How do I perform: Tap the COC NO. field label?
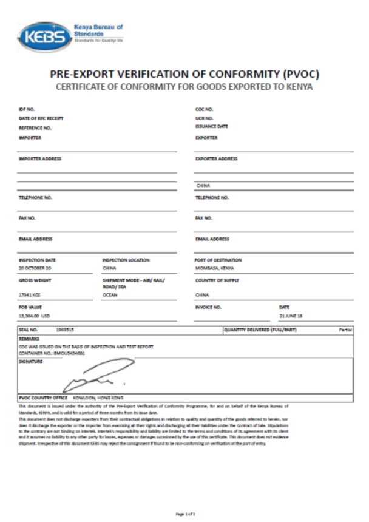coord(203,110)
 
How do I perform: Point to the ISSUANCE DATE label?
coord(211,126)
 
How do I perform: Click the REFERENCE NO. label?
coord(35,129)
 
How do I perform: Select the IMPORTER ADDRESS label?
coord(40,158)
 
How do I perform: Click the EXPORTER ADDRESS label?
coord(216,158)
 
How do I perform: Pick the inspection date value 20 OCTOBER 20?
coord(35,268)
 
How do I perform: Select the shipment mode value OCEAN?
coord(110,294)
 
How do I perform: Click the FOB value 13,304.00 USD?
coord(34,316)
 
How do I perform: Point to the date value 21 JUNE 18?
coord(291,316)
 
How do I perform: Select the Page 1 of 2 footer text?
coord(184,514)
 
